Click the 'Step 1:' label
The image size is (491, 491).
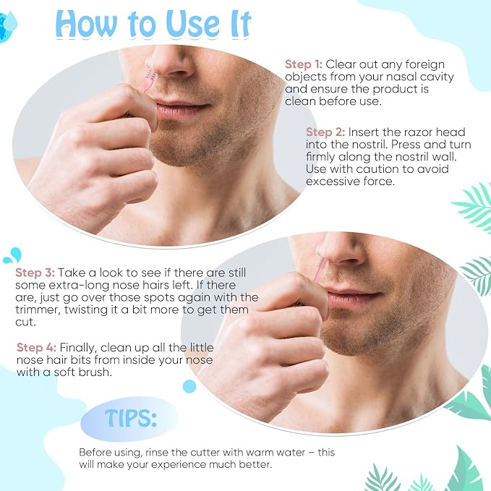304,64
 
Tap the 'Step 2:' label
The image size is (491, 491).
325,132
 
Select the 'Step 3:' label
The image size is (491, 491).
35,273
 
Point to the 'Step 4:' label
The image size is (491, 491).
36,348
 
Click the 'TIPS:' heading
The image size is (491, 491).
131,419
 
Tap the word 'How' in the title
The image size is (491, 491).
85,24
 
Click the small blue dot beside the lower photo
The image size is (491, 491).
189,386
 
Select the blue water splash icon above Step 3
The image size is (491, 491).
12,255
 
